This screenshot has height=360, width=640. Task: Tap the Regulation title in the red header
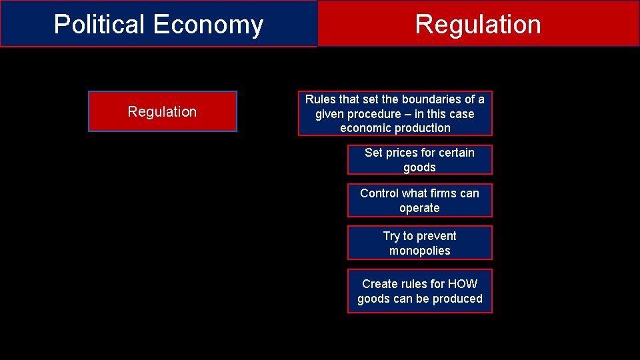click(x=478, y=25)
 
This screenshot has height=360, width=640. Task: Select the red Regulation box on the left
click(x=163, y=112)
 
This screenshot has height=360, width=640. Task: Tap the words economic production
click(x=395, y=128)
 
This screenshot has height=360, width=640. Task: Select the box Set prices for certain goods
click(x=420, y=160)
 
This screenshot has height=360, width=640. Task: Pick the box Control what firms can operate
click(x=420, y=201)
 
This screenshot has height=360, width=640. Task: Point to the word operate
click(x=420, y=208)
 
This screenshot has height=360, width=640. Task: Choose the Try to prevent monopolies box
click(x=420, y=243)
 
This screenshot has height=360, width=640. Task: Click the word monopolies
click(x=420, y=251)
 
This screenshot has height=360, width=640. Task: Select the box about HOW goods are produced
click(x=420, y=291)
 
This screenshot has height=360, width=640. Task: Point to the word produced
click(x=458, y=299)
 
